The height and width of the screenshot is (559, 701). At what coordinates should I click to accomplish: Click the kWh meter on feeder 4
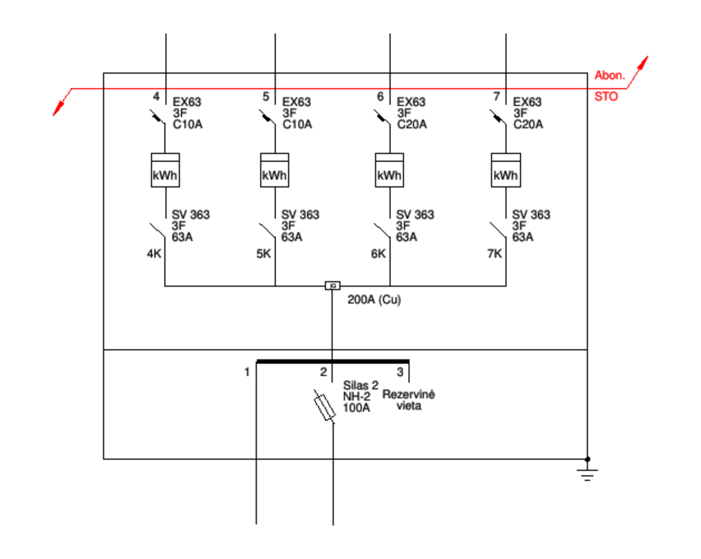point(165,170)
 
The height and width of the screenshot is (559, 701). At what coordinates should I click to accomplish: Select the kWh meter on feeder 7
point(506,170)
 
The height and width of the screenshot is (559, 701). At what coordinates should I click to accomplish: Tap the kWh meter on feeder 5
point(274,170)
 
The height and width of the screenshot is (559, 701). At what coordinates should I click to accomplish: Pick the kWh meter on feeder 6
point(390,170)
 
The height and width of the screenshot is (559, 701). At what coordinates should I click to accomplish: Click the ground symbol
point(587,474)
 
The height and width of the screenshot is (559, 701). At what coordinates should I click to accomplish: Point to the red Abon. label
point(610,75)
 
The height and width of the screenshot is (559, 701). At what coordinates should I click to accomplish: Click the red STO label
point(606,97)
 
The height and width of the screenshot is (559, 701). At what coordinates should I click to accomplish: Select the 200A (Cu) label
point(374,300)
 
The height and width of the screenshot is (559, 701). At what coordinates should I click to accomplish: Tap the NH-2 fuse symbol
point(325,407)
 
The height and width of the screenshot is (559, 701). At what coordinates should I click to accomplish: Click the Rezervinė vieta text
point(409,400)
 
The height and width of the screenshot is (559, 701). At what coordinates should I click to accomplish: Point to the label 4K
point(154,253)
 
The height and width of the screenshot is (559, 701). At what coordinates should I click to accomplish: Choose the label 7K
point(494,253)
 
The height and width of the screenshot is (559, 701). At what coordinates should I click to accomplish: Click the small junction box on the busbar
point(333,286)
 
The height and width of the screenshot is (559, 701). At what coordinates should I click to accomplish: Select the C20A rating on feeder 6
point(412,125)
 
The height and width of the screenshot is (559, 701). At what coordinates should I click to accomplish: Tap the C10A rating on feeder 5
point(297,125)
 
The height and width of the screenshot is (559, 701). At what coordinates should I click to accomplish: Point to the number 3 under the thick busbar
point(400,372)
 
